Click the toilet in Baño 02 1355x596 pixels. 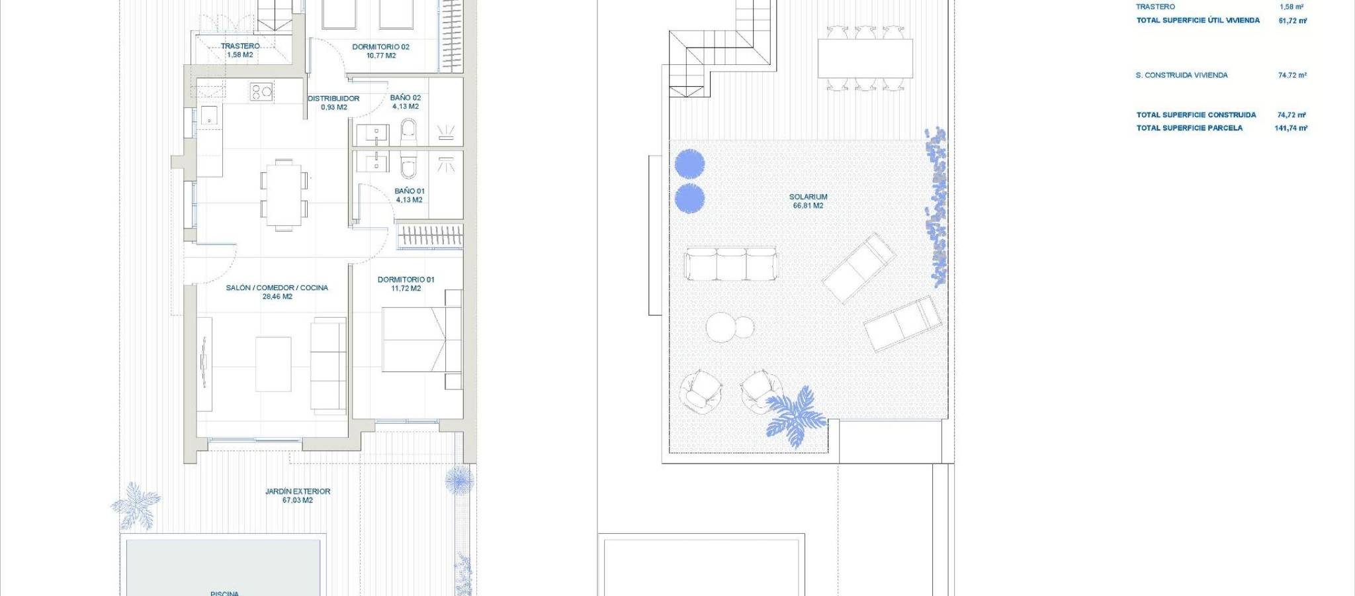point(409,132)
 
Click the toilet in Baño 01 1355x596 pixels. point(409,165)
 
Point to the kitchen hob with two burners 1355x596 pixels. point(261,91)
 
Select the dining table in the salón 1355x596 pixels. point(284,195)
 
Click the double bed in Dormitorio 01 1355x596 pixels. point(421,339)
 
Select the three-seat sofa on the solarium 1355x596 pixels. point(731,264)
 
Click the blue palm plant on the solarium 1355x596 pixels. point(795,416)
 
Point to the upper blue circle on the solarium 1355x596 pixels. point(689,164)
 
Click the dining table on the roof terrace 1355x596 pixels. point(865,59)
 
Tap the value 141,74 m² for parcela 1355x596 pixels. point(1291,128)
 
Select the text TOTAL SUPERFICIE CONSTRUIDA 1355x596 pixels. point(1196,115)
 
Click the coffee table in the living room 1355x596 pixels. point(273,364)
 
